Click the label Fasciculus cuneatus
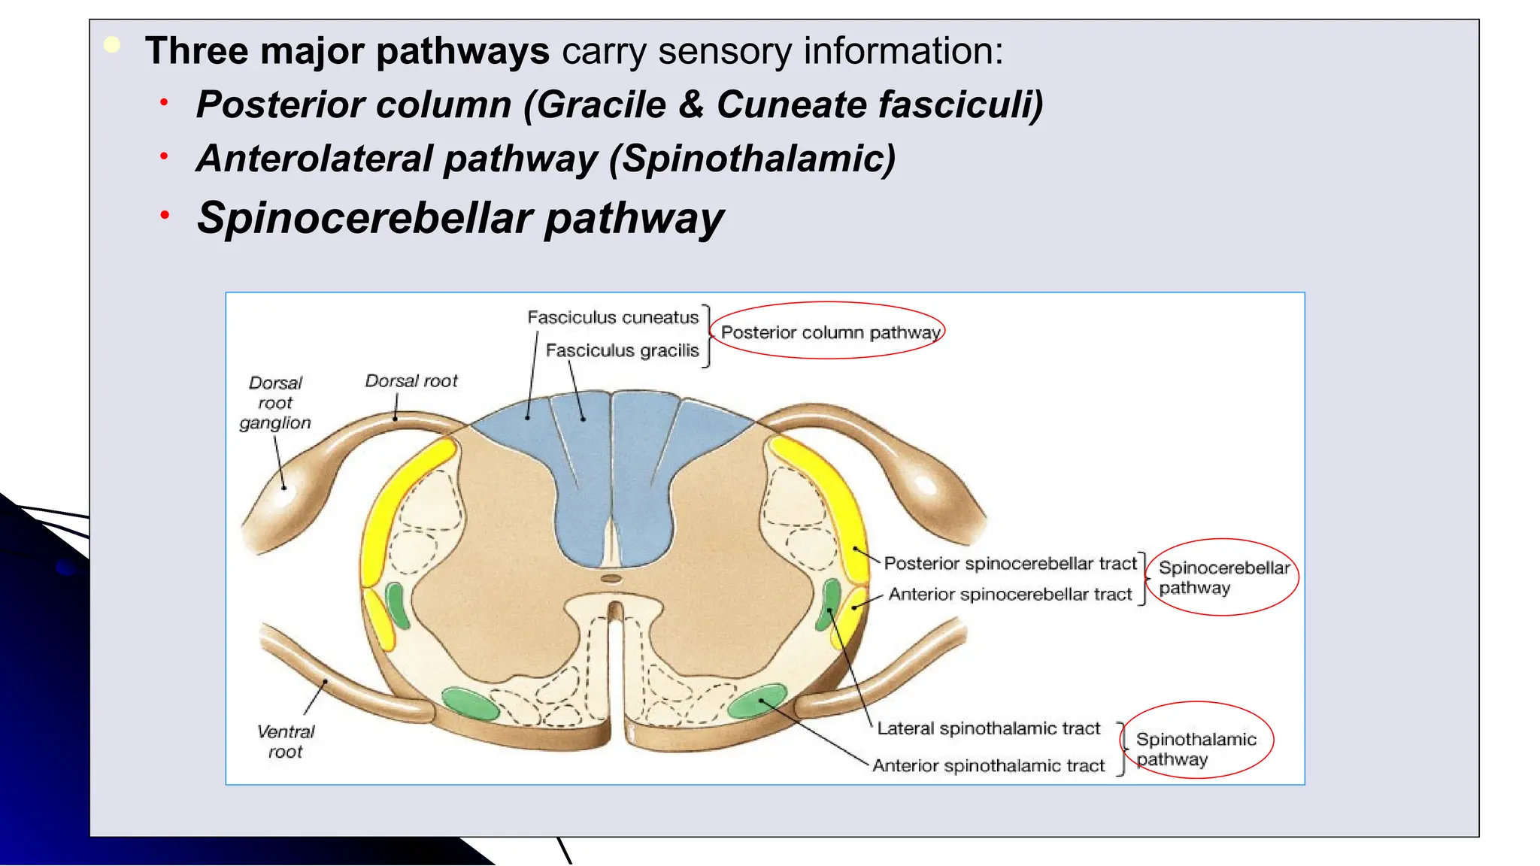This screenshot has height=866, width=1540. click(613, 318)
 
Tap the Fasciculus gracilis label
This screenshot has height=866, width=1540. click(622, 351)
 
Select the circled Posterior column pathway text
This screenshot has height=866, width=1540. click(830, 332)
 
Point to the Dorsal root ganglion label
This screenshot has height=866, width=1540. click(275, 403)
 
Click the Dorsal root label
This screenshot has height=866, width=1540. click(411, 381)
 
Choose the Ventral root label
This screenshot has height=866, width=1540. click(286, 741)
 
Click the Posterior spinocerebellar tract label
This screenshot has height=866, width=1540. click(1010, 564)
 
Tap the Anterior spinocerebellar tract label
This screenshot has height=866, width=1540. click(1010, 595)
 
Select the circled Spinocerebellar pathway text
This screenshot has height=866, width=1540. click(1223, 577)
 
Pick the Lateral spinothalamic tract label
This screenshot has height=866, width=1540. click(988, 728)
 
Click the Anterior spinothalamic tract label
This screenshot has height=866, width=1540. click(988, 766)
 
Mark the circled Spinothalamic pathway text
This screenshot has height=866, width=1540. click(1196, 749)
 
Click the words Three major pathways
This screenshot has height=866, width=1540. click(347, 51)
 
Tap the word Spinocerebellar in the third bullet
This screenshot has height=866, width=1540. click(365, 219)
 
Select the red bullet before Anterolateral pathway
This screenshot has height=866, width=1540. click(164, 156)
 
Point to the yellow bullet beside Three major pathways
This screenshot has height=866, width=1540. click(112, 45)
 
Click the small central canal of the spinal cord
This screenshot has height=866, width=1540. click(612, 579)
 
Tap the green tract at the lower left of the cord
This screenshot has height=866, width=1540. click(470, 704)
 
